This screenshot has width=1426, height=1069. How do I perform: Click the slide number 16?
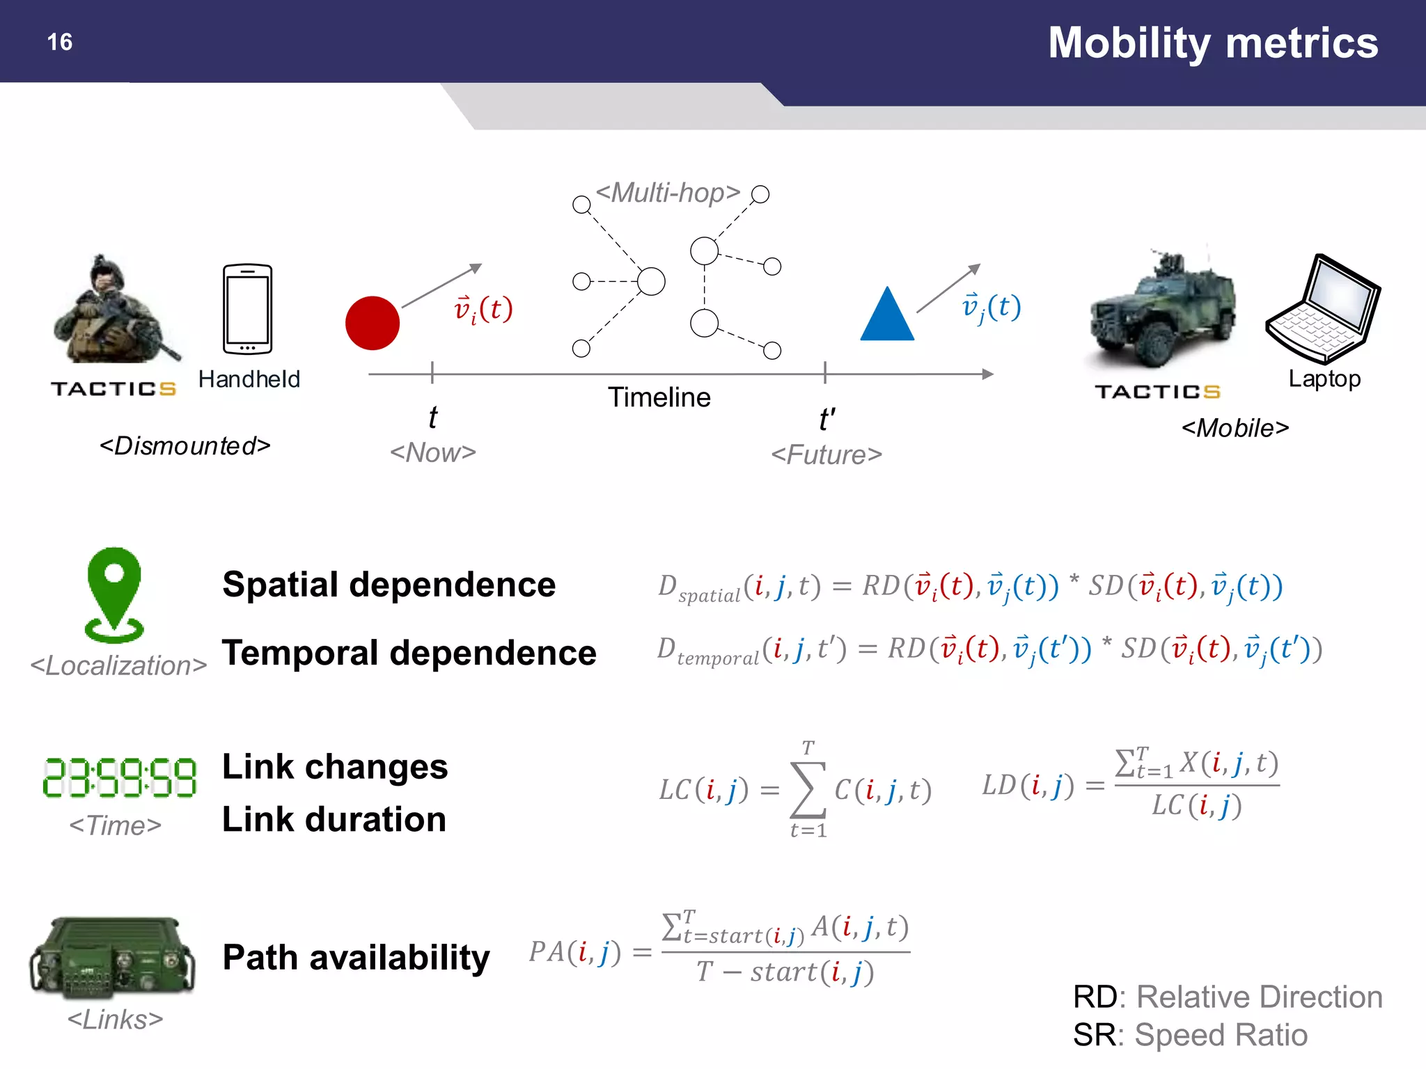[60, 42]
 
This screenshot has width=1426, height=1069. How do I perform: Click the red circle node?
[373, 323]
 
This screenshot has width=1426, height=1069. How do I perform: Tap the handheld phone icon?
[248, 309]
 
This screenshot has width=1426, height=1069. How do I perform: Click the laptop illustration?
[1323, 309]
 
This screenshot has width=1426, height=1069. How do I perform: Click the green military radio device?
[113, 956]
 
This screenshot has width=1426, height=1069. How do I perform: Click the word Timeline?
[659, 397]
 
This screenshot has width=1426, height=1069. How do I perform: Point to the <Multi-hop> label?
[668, 193]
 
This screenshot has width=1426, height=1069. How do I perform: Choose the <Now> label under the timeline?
[432, 453]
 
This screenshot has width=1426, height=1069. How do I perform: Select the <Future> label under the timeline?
[826, 455]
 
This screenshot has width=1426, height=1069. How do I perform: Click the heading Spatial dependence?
[389, 585]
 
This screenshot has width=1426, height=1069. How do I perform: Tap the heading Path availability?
[356, 958]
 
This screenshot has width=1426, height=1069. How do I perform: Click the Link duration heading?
[334, 819]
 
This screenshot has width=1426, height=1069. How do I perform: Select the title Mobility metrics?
[1212, 42]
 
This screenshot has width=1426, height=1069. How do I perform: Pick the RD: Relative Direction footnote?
[1228, 997]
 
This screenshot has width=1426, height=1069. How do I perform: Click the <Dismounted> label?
[185, 446]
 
